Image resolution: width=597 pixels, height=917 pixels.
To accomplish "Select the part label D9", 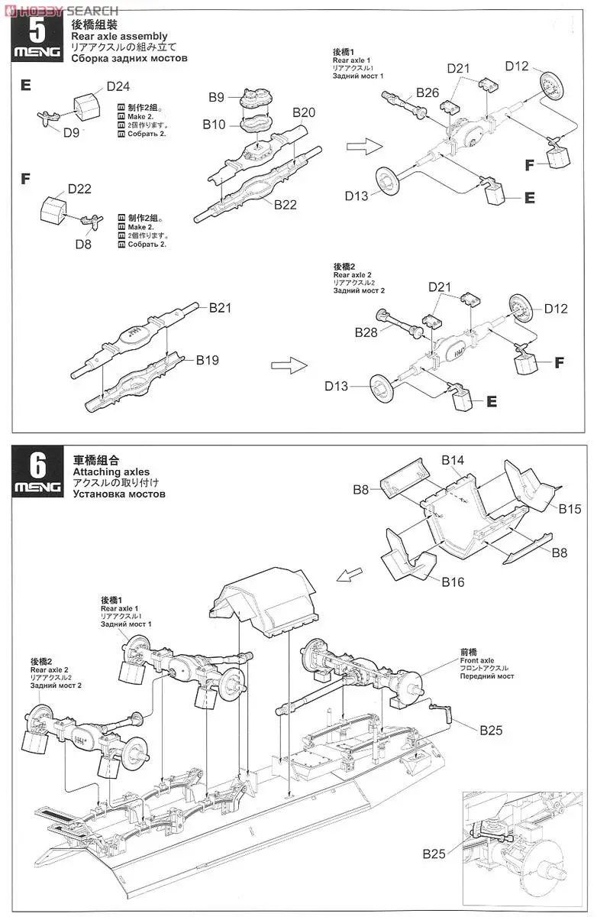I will click(x=71, y=132).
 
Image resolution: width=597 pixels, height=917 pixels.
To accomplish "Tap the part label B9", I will click(x=217, y=97).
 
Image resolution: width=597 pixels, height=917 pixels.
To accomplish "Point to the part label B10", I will click(x=215, y=124).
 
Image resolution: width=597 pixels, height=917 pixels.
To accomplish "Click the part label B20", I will click(x=304, y=112).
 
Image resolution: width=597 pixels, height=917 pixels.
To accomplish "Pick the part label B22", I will click(x=285, y=204).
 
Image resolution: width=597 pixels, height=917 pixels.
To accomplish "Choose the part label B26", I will click(x=428, y=92).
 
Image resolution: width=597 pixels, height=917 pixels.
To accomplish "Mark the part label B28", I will click(x=366, y=332).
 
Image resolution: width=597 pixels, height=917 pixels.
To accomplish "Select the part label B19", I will click(x=207, y=360).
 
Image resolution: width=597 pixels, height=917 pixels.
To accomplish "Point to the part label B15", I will click(x=570, y=509).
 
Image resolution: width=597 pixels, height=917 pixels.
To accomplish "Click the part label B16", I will click(x=453, y=582).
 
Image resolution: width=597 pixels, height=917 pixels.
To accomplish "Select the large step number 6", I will click(x=36, y=464).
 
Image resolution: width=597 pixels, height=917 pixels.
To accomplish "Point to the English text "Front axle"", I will click(x=477, y=660).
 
